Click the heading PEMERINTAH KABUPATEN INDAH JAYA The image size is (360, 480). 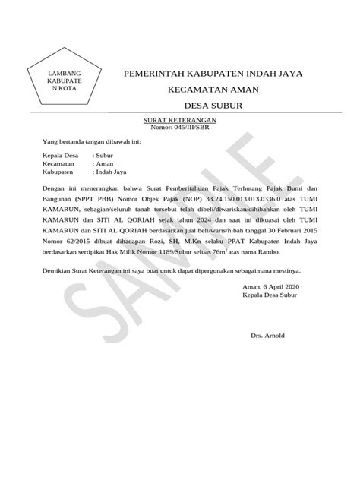tap(212, 74)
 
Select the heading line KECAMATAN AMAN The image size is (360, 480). tap(212, 90)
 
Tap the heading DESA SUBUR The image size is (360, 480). tap(212, 106)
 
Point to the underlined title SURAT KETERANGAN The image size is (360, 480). tap(181, 121)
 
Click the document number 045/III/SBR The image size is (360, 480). tap(191, 128)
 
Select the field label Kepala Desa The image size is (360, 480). tap(61, 154)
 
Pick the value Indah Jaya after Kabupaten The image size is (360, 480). tap(113, 172)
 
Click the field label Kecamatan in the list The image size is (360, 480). tap(58, 163)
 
